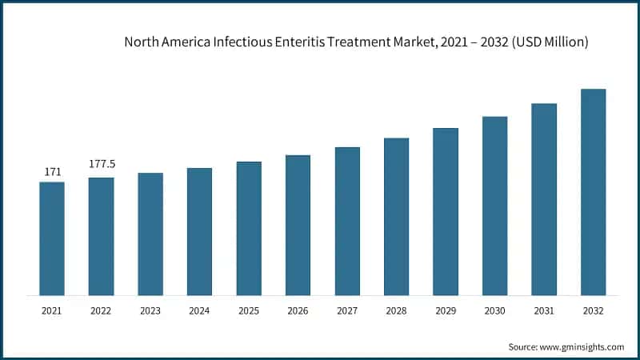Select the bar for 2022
[x=101, y=236]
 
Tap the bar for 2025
[x=249, y=228]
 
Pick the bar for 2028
[x=396, y=217]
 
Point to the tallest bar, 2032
[x=593, y=192]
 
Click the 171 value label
[x=52, y=171]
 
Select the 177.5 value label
[x=102, y=164]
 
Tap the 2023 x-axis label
[x=150, y=311]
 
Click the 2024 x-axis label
[x=199, y=311]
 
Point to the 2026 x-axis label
[x=298, y=311]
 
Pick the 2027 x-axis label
[x=347, y=311]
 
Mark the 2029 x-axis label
[x=446, y=311]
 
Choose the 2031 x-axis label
[x=544, y=311]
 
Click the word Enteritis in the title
[x=301, y=42]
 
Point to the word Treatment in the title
[x=358, y=42]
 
